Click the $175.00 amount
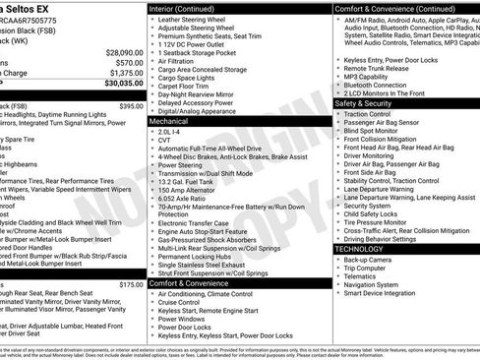tap(131, 284)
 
